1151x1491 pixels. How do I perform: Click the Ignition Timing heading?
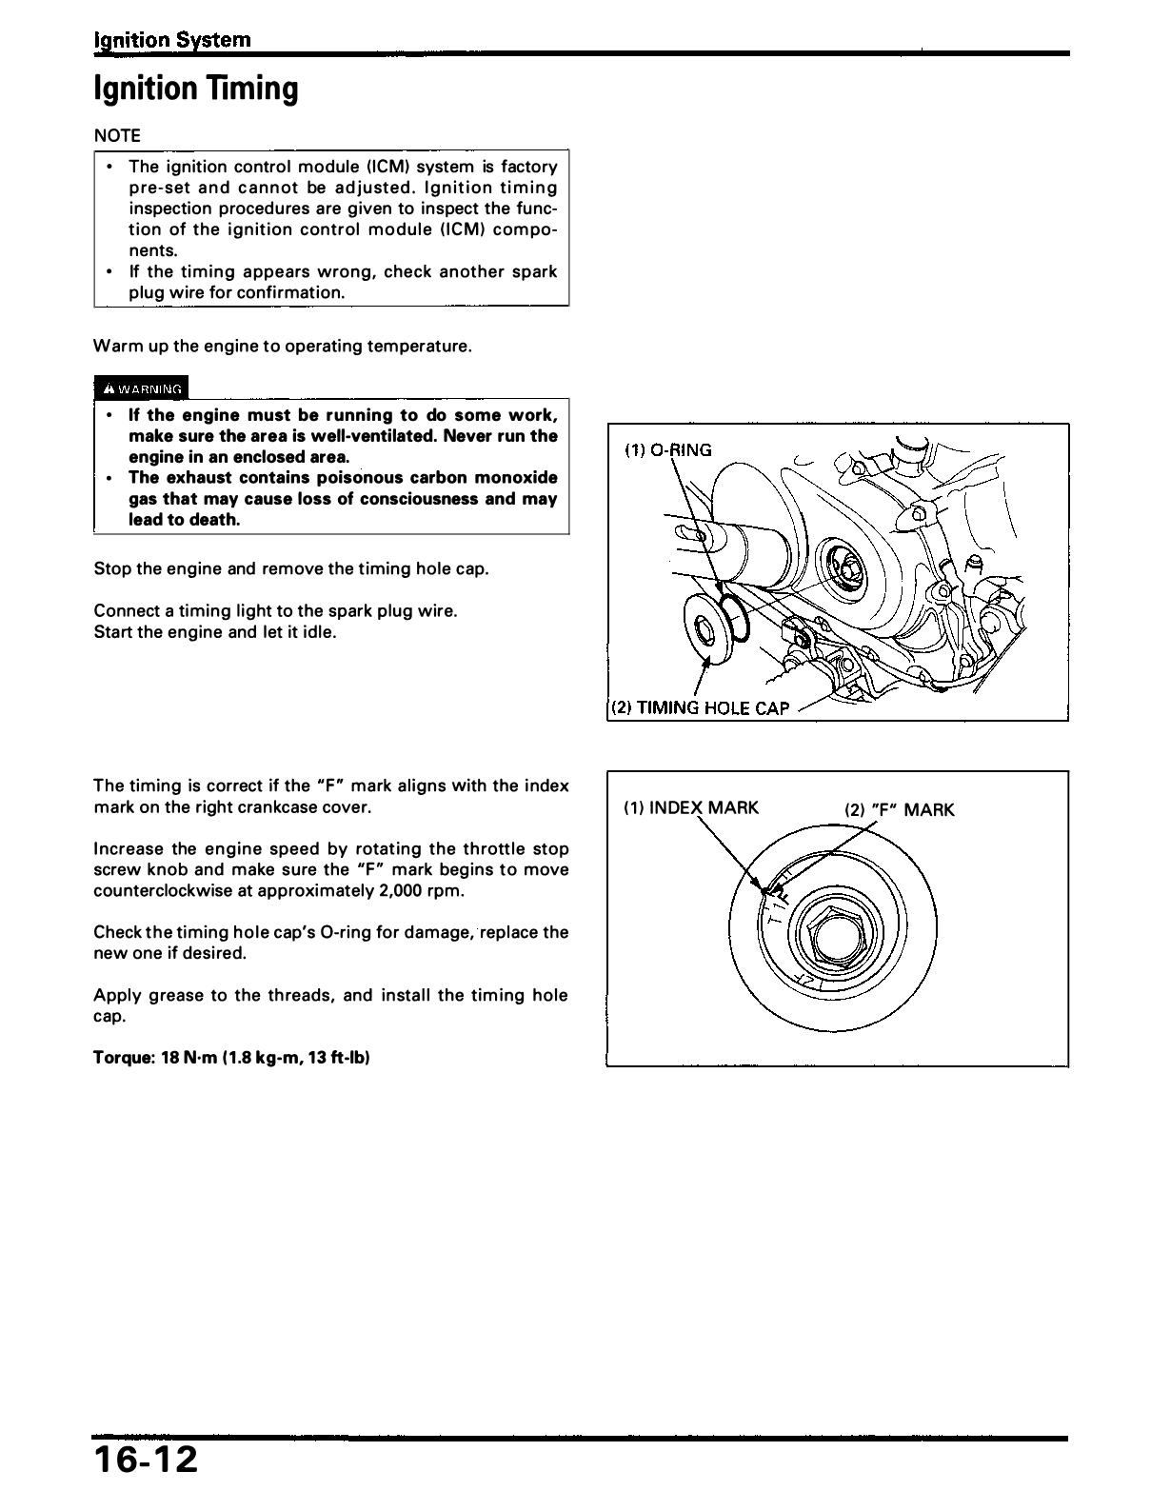click(195, 89)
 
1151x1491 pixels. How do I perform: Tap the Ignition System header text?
click(172, 40)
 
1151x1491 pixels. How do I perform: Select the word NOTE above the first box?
click(117, 135)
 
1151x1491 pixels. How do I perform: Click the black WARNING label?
click(142, 388)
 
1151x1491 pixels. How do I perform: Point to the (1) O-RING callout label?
click(667, 450)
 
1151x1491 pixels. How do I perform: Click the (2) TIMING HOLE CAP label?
click(700, 707)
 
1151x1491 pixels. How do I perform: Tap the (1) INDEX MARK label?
click(691, 808)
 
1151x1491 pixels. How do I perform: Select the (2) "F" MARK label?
click(899, 810)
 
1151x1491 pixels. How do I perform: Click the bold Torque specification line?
click(231, 1058)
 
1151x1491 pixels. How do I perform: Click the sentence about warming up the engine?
click(283, 346)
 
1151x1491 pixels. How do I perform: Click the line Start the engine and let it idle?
click(215, 631)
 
